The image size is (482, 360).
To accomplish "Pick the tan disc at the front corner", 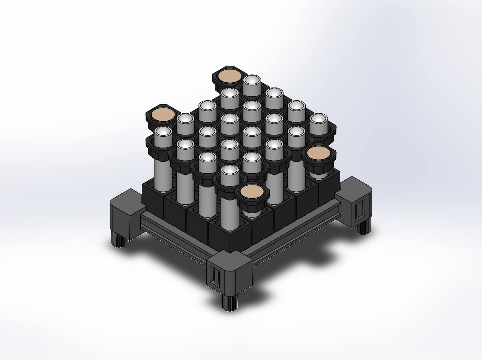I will [251, 192].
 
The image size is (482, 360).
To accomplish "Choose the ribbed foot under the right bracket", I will [363, 226].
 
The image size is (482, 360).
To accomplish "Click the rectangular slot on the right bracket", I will [360, 210].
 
